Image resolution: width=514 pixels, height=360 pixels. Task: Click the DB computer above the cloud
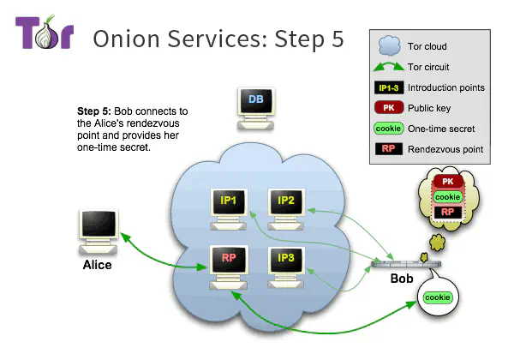pyautogui.click(x=255, y=106)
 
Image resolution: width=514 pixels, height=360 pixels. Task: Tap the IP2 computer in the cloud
pyautogui.click(x=285, y=205)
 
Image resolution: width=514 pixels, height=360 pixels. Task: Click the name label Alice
pyautogui.click(x=97, y=265)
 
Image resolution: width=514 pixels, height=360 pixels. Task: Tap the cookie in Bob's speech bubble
pyautogui.click(x=438, y=297)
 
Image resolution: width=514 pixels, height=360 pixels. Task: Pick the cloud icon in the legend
pyautogui.click(x=388, y=46)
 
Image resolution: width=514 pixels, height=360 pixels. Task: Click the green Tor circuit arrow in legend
pyautogui.click(x=388, y=67)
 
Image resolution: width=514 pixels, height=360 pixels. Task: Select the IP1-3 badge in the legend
pyautogui.click(x=388, y=87)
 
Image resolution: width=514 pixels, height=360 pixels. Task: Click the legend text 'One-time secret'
pyautogui.click(x=444, y=129)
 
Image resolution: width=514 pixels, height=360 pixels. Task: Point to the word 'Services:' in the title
pyautogui.click(x=205, y=38)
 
